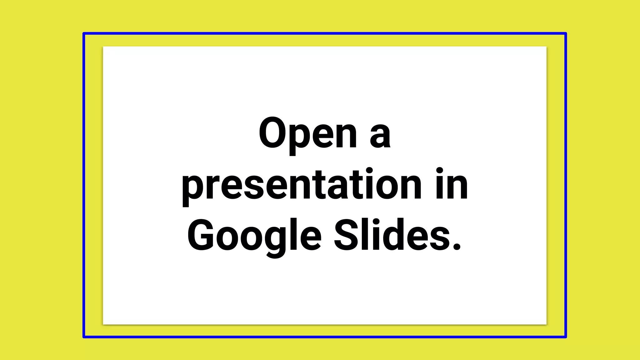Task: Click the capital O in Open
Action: [272, 133]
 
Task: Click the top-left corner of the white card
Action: [103, 47]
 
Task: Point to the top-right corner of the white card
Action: [546, 47]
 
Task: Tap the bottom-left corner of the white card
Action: [103, 324]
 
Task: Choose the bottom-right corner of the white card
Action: [546, 324]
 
